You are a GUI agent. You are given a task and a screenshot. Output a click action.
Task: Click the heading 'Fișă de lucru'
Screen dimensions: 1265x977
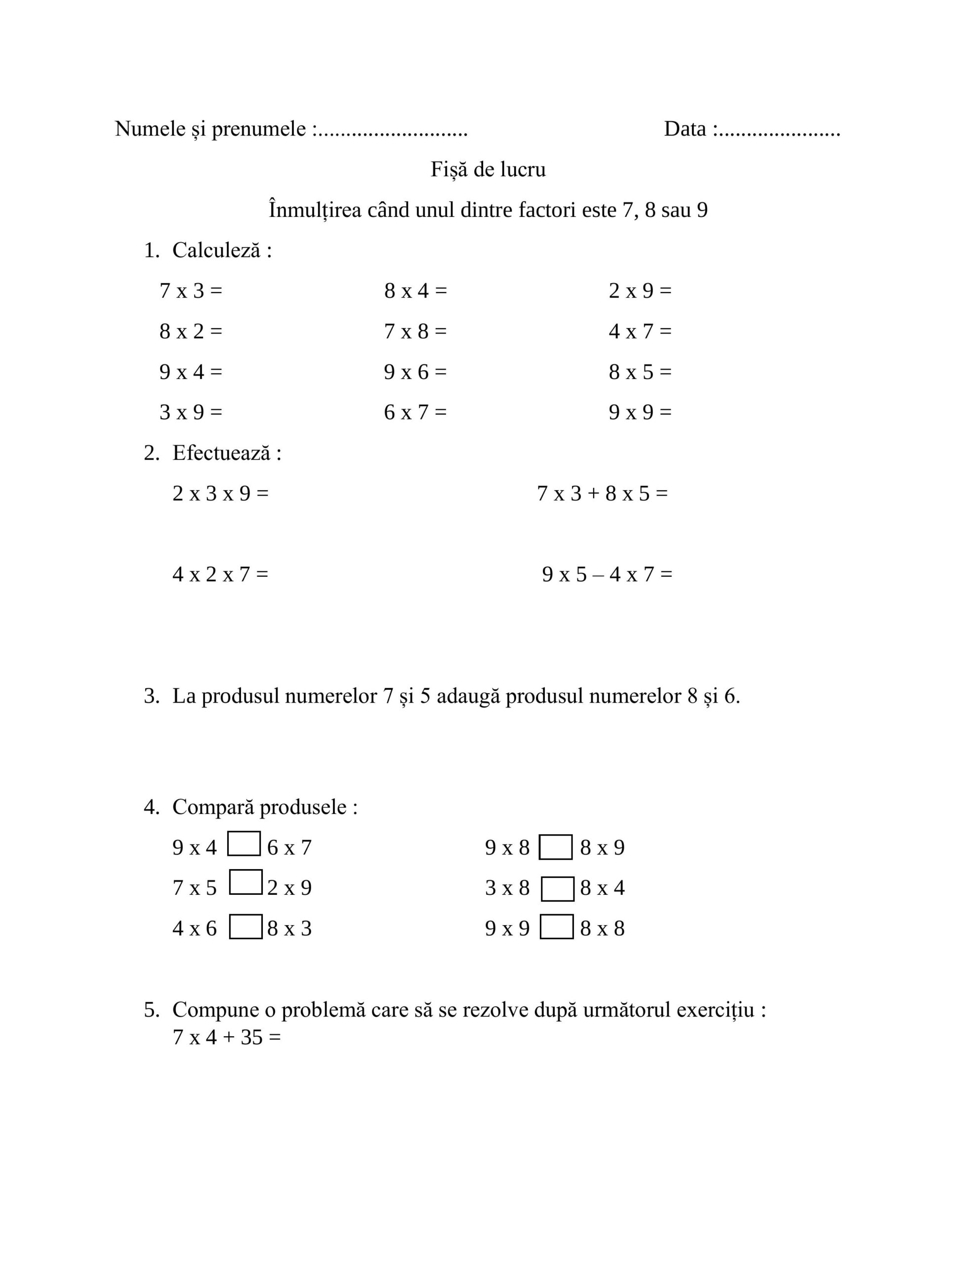pyautogui.click(x=488, y=169)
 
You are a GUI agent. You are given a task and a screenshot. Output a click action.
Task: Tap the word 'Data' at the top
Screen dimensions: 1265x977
pyautogui.click(x=685, y=128)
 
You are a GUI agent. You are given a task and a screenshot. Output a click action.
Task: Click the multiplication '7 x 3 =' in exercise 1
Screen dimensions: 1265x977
pyautogui.click(x=191, y=291)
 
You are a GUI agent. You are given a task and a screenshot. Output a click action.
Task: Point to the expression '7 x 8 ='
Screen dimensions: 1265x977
pyautogui.click(x=415, y=331)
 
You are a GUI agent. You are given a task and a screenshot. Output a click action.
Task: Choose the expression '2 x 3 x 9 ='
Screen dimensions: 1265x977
pyautogui.click(x=220, y=494)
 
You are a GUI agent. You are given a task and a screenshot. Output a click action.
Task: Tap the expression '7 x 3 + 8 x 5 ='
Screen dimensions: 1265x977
pyautogui.click(x=602, y=494)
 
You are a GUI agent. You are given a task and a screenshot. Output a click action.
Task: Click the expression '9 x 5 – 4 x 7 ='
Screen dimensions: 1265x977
pyautogui.click(x=607, y=575)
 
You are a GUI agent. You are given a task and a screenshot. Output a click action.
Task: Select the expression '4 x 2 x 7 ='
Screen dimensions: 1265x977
pyautogui.click(x=220, y=575)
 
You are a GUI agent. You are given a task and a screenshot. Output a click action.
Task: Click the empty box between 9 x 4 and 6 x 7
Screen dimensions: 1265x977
pyautogui.click(x=244, y=844)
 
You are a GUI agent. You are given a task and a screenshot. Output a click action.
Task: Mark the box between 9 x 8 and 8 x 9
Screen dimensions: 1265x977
pyautogui.click(x=555, y=847)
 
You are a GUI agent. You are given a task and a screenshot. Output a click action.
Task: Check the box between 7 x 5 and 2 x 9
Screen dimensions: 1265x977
pyautogui.click(x=245, y=882)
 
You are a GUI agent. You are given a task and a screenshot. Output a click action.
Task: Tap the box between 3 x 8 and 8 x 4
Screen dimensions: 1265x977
pyautogui.click(x=557, y=889)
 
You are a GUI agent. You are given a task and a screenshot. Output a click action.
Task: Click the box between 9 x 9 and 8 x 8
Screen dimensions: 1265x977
pyautogui.click(x=556, y=927)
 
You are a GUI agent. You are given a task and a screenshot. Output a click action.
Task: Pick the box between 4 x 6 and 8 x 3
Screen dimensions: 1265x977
pyautogui.click(x=245, y=927)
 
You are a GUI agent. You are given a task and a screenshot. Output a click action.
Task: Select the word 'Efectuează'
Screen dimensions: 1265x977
pyautogui.click(x=221, y=453)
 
